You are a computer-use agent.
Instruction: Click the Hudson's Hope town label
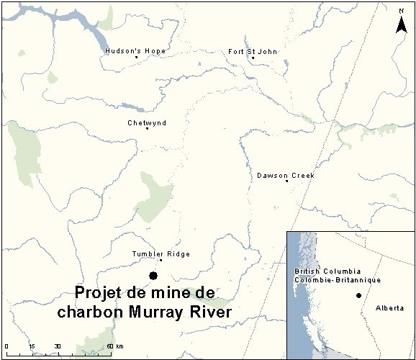tap(135, 51)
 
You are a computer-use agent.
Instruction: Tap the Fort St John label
tap(253, 51)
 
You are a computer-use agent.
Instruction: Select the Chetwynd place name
tap(147, 123)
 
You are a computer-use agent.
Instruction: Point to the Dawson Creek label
tap(286, 176)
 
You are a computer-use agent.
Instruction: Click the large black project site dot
tap(153, 276)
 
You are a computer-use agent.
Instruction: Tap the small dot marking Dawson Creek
tap(286, 181)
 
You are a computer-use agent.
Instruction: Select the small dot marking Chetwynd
tap(148, 129)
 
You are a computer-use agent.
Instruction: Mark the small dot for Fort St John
tap(253, 58)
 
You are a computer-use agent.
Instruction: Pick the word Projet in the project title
tap(102, 293)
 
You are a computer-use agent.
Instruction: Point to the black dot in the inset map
tap(358, 296)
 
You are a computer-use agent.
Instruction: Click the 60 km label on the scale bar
tap(112, 346)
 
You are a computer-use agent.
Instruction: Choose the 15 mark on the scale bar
tap(32, 346)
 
